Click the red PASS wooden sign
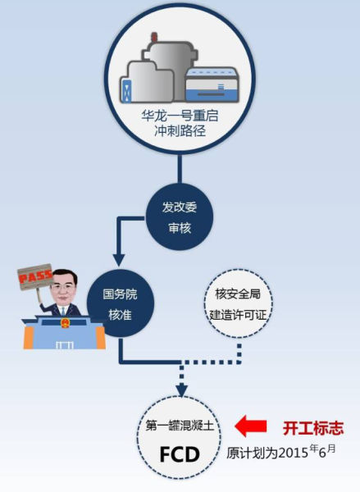click(34, 276)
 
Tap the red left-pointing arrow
click(251, 426)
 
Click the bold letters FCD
click(180, 454)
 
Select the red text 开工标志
click(313, 428)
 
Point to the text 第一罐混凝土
click(180, 426)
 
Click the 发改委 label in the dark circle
click(180, 207)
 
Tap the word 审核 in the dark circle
click(180, 228)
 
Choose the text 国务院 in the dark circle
click(121, 294)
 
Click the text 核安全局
click(238, 294)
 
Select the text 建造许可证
click(238, 315)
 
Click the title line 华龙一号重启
click(180, 116)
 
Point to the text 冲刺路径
click(180, 131)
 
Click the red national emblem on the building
click(65, 323)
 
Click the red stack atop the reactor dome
click(154, 38)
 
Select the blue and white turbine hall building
click(212, 84)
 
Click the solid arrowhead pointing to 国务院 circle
click(119, 260)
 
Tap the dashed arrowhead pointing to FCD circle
click(181, 391)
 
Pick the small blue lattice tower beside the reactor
click(126, 91)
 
